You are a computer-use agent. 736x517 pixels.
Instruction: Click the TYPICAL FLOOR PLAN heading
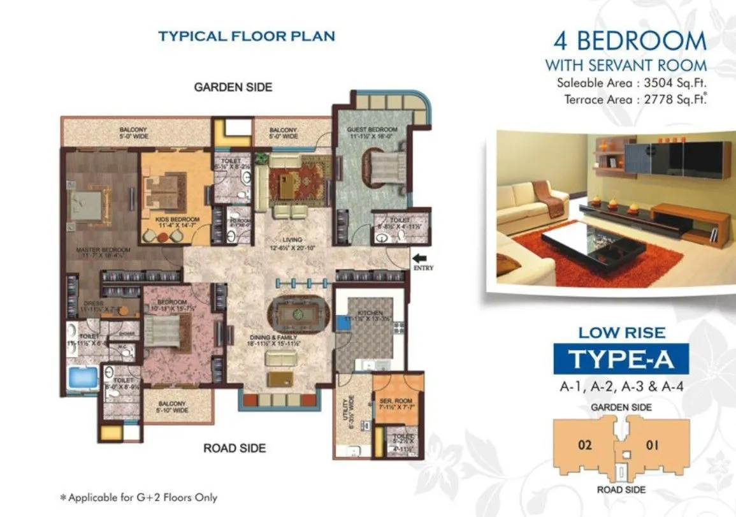coord(247,36)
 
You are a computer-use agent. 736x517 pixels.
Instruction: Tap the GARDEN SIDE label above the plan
coord(233,87)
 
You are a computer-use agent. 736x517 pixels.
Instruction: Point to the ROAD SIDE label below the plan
coord(235,448)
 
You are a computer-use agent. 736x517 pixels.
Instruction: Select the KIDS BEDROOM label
coord(173,219)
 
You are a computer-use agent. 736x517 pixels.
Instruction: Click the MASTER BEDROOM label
coord(104,249)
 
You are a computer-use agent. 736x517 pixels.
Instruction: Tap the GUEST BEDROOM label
coord(372,129)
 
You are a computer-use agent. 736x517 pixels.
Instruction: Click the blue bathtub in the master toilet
coord(82,377)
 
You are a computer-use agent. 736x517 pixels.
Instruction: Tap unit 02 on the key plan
coord(584,444)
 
